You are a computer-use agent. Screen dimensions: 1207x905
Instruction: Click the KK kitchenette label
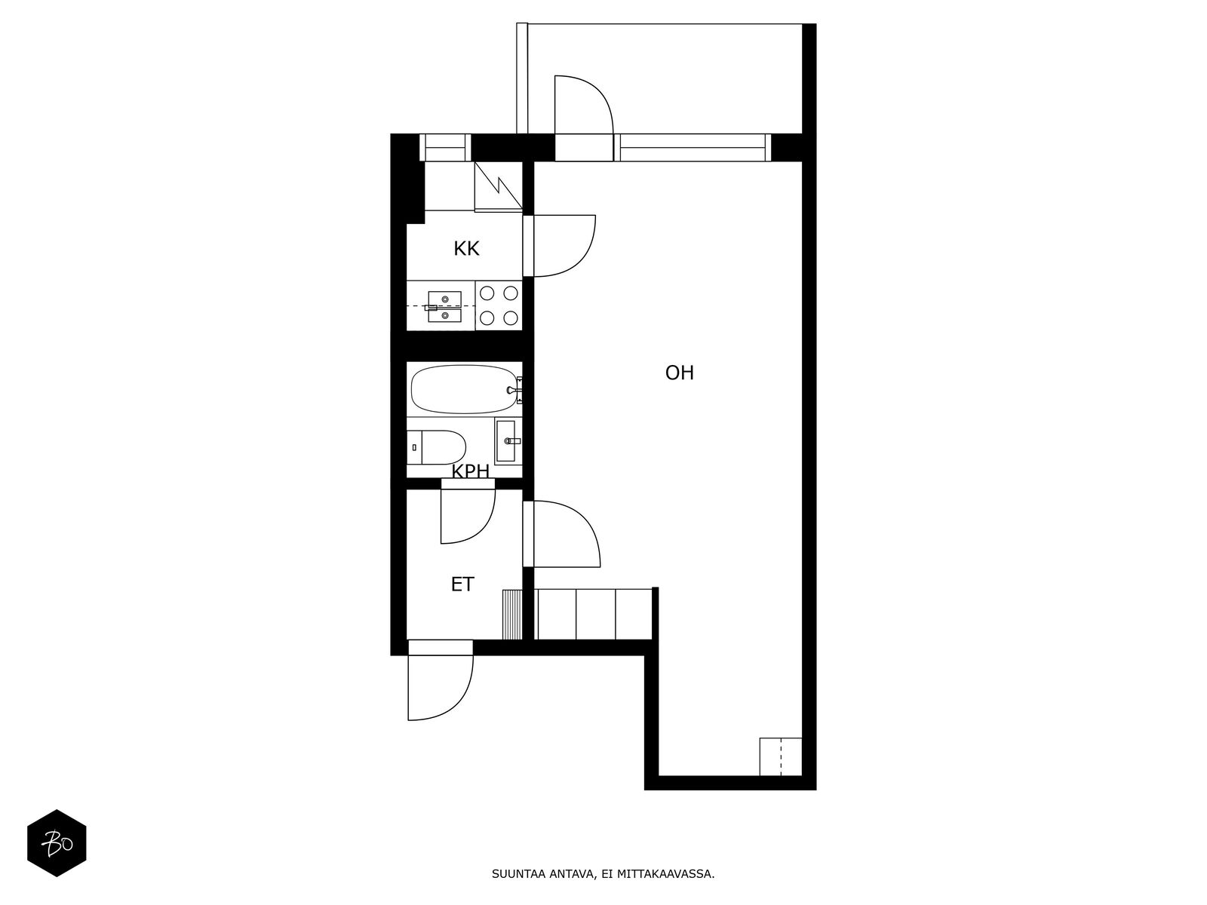[x=466, y=249]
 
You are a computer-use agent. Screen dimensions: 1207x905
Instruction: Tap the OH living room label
[x=679, y=373]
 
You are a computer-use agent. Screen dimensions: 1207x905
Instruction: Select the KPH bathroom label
[x=470, y=471]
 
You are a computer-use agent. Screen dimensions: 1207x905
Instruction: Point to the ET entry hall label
[x=462, y=584]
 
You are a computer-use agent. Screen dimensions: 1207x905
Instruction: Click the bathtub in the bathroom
[x=465, y=389]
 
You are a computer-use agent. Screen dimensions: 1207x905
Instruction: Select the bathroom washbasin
[x=506, y=440]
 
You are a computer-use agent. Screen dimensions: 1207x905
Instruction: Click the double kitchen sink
[x=444, y=306]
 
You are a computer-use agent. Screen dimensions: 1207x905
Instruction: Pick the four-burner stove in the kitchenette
[x=498, y=305]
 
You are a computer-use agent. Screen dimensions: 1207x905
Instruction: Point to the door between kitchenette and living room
[x=585, y=258]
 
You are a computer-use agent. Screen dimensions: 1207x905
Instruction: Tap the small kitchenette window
[x=445, y=147]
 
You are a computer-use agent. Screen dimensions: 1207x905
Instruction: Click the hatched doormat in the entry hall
[x=512, y=615]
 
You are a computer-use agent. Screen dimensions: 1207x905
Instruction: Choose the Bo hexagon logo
[x=57, y=843]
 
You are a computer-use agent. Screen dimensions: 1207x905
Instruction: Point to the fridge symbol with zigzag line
[x=498, y=186]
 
